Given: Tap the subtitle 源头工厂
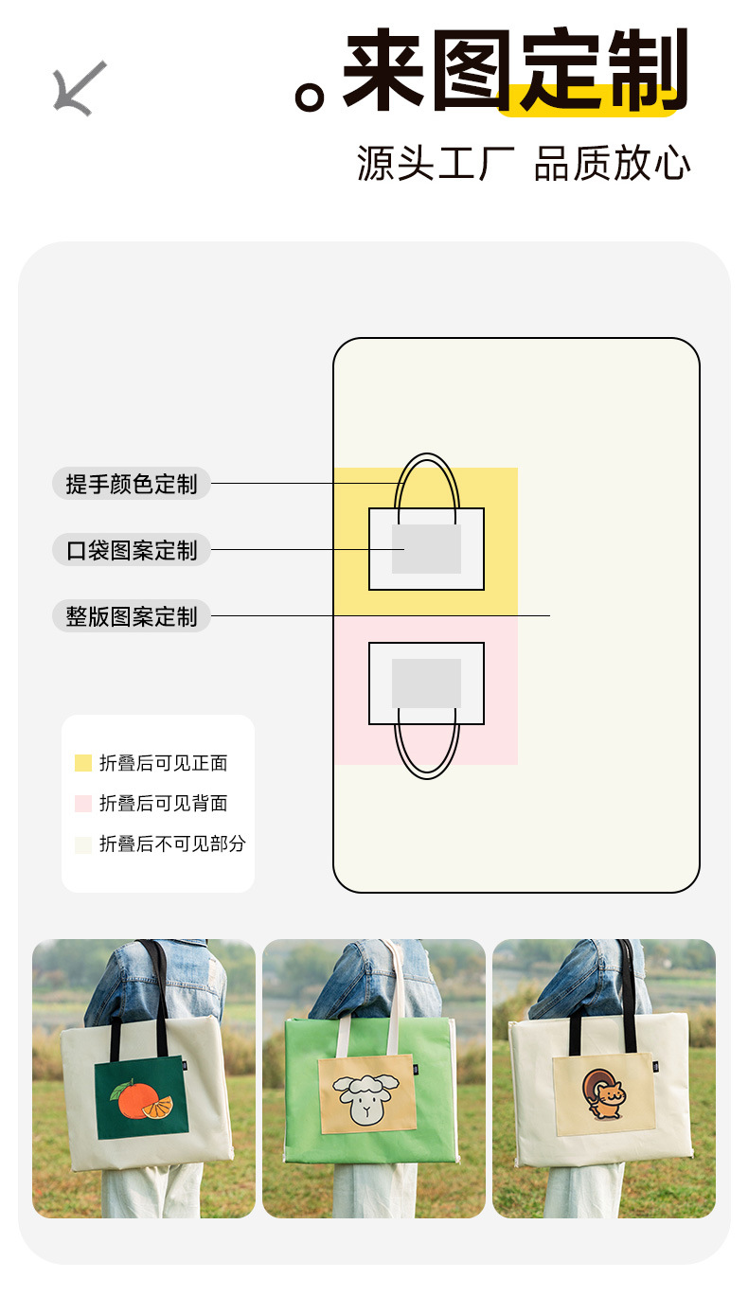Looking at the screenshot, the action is (x=436, y=163).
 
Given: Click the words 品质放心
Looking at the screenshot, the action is (x=613, y=163).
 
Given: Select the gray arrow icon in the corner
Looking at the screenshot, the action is (x=80, y=88).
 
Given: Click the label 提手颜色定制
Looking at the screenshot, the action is (x=132, y=484).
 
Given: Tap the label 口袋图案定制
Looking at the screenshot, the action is (x=132, y=550).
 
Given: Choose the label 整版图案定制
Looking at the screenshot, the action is (x=132, y=616).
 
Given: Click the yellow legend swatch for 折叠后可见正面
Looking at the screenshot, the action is (x=83, y=763).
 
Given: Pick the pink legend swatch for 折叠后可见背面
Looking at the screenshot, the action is (x=83, y=804).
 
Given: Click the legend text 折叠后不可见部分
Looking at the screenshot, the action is (x=172, y=843).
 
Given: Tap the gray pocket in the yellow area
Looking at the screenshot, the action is (x=426, y=549).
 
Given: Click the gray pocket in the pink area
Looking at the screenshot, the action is (x=426, y=683).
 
